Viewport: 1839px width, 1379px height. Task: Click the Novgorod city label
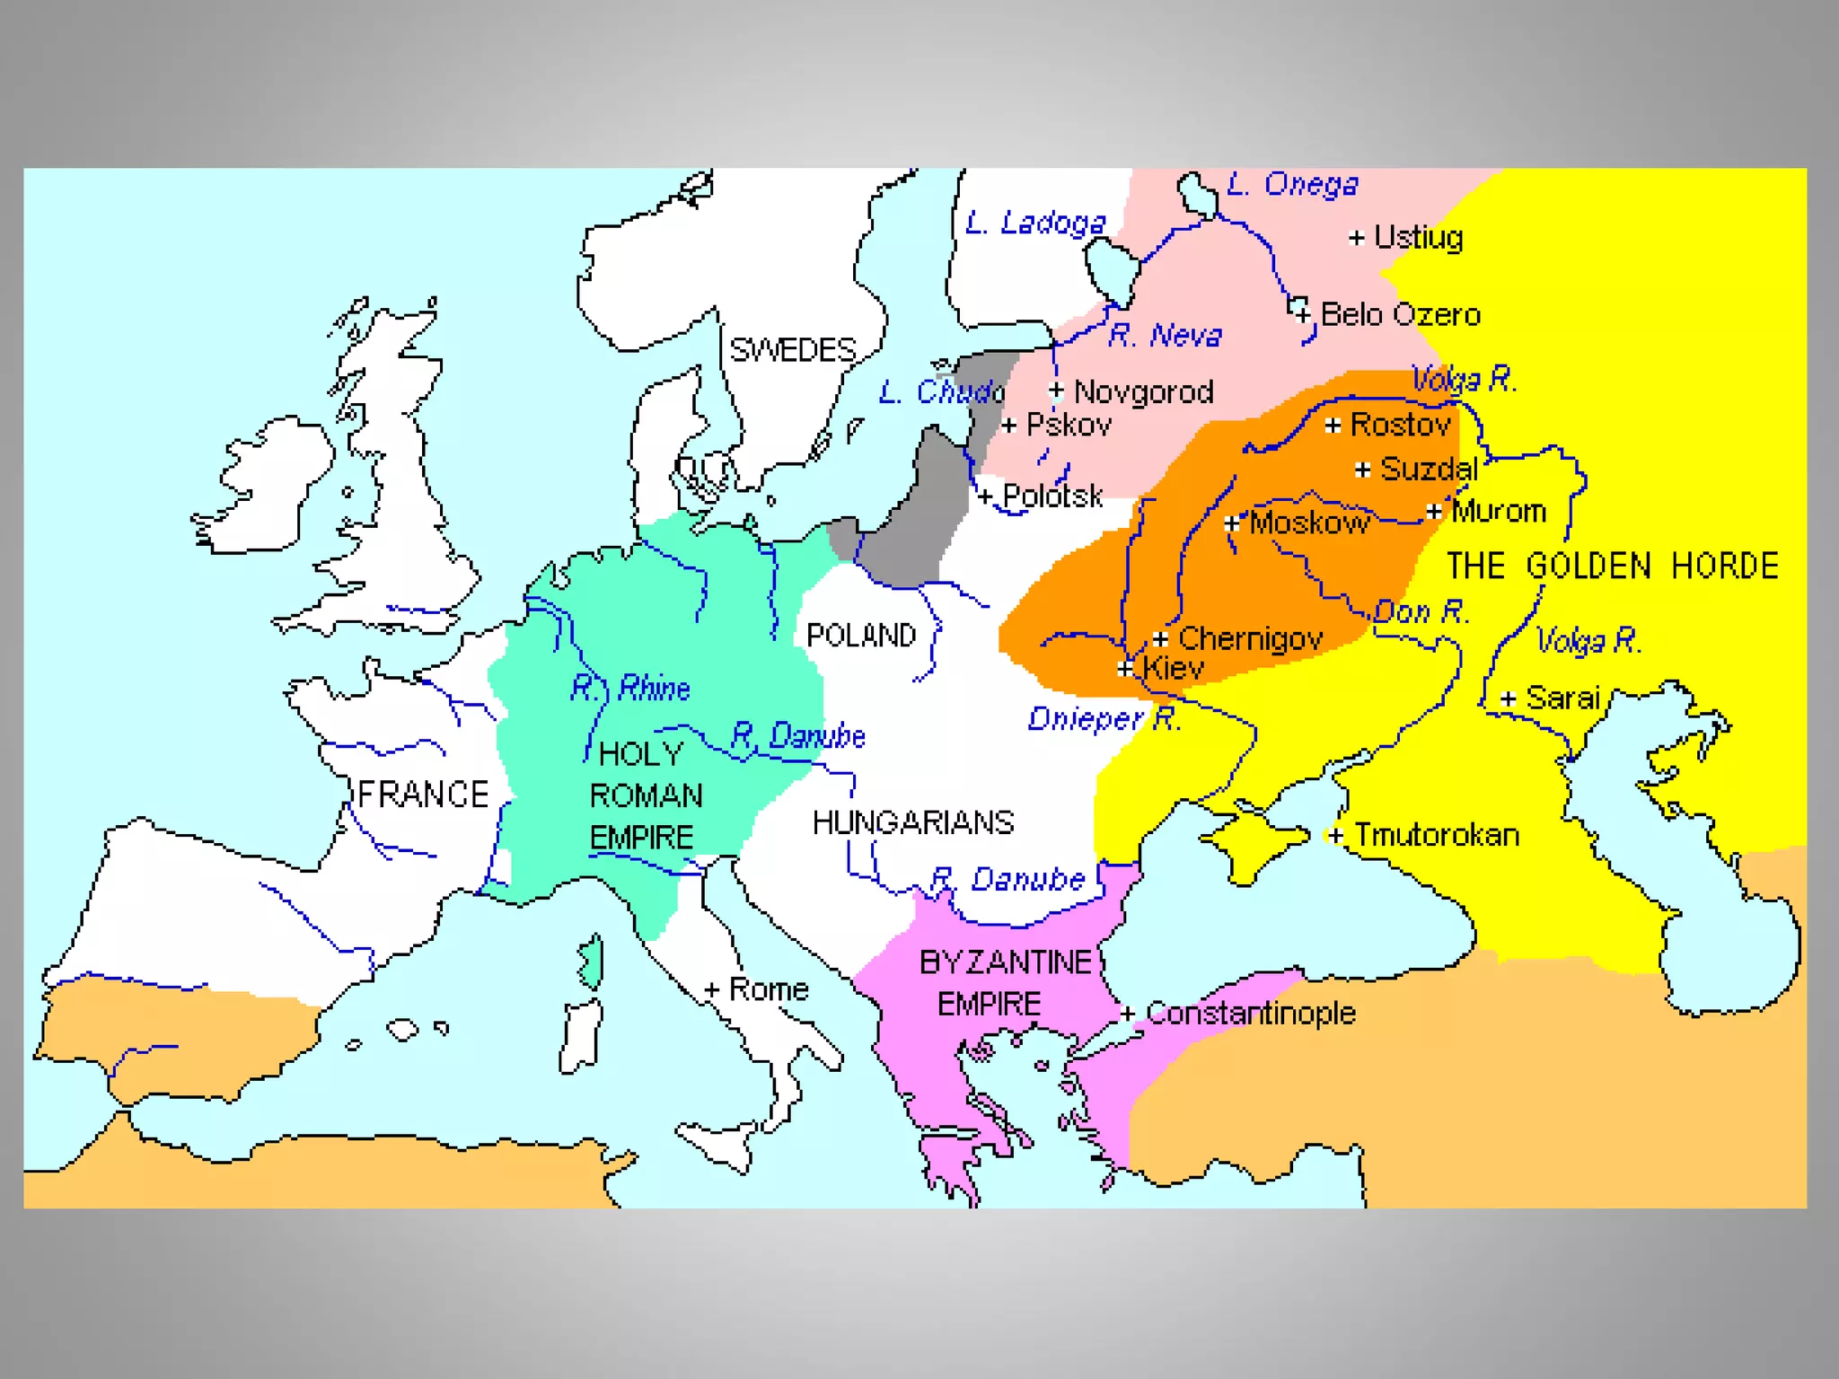coord(1143,392)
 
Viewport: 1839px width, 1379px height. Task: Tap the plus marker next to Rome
coord(711,989)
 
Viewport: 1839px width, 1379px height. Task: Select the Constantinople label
coord(1251,1014)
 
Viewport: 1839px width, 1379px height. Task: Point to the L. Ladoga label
coord(1035,223)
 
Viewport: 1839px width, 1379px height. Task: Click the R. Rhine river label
coord(630,689)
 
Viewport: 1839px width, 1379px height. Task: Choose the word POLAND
coord(860,636)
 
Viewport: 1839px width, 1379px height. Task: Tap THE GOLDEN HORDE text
coord(1612,567)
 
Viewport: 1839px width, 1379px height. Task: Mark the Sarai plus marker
coord(1509,698)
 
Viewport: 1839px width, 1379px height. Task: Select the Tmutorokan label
coord(1437,835)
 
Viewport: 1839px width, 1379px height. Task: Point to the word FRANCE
coord(423,795)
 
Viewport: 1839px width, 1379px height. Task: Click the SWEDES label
coord(792,350)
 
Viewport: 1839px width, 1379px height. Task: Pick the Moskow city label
coord(1309,523)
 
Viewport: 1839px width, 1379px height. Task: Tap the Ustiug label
coord(1418,238)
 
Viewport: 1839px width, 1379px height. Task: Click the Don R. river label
coord(1421,612)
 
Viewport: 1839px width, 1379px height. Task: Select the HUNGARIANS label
coord(912,822)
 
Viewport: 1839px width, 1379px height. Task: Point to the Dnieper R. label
coord(1104,719)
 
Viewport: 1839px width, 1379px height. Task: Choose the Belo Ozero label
coord(1400,315)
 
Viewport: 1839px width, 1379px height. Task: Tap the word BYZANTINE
coord(1005,962)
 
